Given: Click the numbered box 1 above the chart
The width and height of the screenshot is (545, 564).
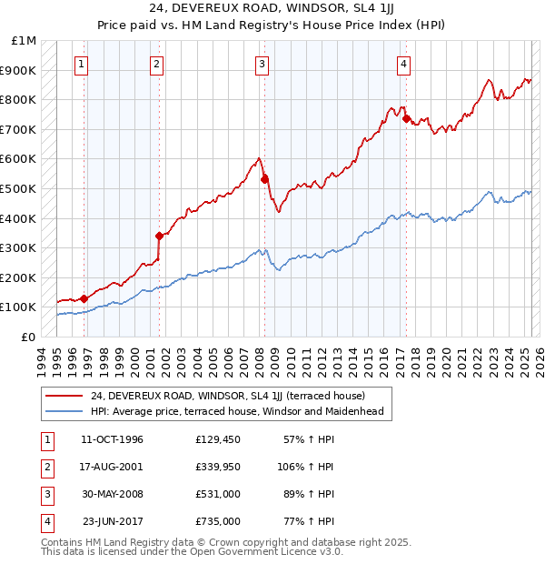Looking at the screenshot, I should pyautogui.click(x=82, y=64).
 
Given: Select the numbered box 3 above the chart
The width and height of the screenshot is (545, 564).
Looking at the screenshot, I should pyautogui.click(x=261, y=64).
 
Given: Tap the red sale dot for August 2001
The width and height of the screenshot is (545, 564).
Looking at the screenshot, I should pyautogui.click(x=158, y=236).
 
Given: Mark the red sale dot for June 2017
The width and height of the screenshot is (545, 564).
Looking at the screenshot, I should pyautogui.click(x=405, y=118).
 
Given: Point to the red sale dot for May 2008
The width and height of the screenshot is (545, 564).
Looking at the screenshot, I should pyautogui.click(x=264, y=179).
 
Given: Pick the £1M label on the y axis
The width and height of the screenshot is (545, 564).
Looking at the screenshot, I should pyautogui.click(x=25, y=41).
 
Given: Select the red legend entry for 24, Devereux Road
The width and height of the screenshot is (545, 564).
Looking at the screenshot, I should pyautogui.click(x=227, y=396).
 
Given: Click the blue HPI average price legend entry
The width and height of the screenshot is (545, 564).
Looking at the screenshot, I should pyautogui.click(x=236, y=411).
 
